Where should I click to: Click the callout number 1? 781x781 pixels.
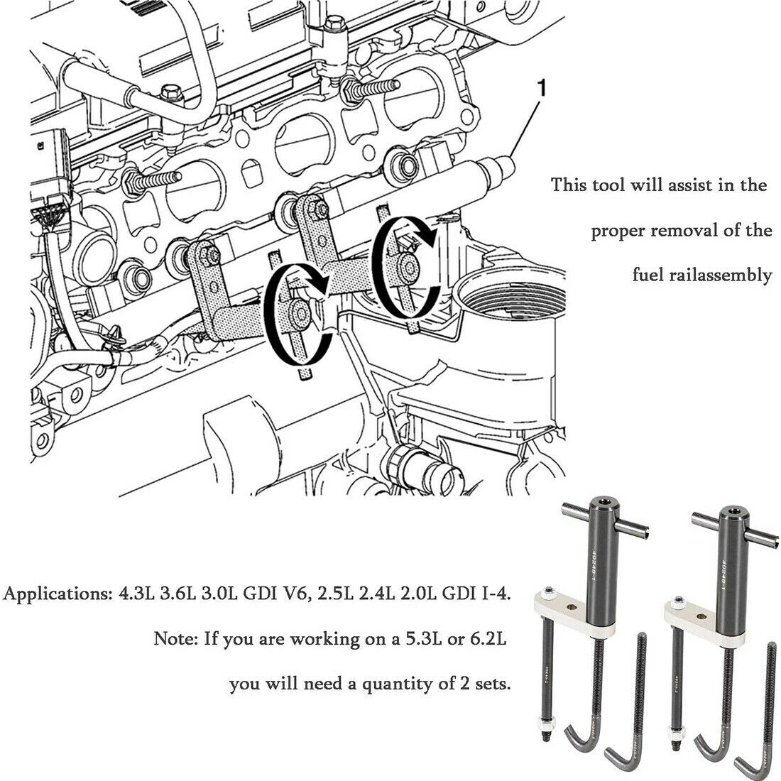[542, 89]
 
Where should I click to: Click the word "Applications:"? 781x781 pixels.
[55, 593]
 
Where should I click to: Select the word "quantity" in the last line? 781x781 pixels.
[395, 684]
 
